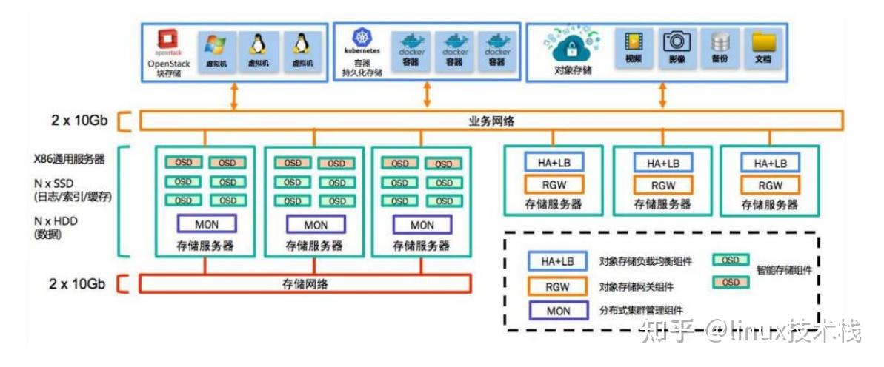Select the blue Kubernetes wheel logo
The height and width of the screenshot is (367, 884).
pos(362,38)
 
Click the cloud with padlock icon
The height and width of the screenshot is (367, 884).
pos(571,48)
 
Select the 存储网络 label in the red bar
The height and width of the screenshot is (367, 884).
pos(305,283)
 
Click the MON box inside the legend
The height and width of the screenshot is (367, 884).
pos(558,312)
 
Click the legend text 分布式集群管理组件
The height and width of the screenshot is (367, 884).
pos(641,312)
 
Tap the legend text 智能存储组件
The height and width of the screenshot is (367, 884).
pos(784,271)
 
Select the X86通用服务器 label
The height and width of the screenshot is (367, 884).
pos(69,158)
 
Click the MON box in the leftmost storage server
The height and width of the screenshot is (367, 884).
pos(206,224)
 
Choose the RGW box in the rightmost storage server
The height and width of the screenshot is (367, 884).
pos(770,186)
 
